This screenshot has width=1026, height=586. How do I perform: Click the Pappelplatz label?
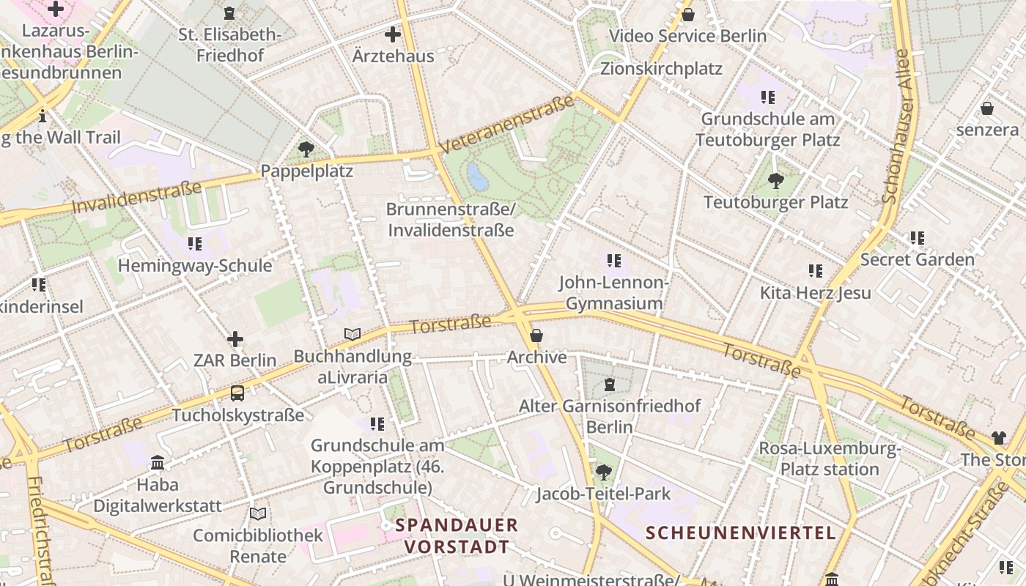point(306,171)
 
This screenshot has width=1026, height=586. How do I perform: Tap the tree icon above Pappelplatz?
point(306,149)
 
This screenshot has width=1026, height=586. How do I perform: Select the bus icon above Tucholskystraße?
point(237,393)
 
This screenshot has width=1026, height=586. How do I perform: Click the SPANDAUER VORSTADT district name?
point(457,535)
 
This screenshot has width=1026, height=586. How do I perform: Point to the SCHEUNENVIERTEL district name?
point(741,533)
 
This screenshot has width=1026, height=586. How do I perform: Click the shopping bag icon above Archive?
point(536,335)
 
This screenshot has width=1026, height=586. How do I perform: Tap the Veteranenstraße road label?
point(507,125)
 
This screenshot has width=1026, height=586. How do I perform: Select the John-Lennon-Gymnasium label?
point(614,293)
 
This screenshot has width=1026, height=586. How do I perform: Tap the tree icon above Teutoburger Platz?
point(775,180)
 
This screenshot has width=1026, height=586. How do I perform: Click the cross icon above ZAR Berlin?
point(235,339)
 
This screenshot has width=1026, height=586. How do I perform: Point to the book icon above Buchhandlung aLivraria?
point(353,335)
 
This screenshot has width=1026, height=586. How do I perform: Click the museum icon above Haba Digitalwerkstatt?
point(158,463)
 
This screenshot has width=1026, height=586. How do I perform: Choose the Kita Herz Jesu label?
point(815,293)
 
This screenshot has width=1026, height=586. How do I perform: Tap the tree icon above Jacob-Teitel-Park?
point(603,472)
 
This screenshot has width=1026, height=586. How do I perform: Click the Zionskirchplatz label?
point(661,69)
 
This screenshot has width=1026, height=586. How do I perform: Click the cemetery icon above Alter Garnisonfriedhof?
point(610,384)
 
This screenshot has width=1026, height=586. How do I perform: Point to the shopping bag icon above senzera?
point(987,108)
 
